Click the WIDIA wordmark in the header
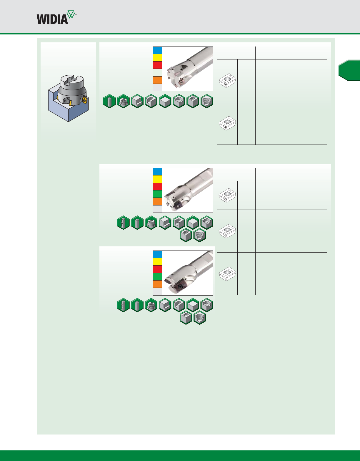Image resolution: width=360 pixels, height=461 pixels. [52, 19]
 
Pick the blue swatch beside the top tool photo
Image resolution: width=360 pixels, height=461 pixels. [157, 50]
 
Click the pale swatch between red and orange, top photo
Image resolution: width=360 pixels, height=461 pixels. [157, 73]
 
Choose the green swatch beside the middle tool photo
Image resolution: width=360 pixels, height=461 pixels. [157, 194]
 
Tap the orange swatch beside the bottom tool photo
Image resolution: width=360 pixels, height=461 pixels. [157, 284]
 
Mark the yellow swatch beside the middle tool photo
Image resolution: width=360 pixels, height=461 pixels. [157, 179]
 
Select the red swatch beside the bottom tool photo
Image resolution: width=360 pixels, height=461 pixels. [157, 269]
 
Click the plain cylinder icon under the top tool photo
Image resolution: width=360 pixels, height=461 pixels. [109, 101]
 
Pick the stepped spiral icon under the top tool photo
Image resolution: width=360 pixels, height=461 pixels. [206, 101]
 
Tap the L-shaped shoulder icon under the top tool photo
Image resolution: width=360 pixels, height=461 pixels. [137, 101]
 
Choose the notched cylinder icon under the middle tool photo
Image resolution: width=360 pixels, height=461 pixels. [123, 223]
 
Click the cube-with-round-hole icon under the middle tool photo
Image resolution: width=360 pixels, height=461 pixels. [186, 236]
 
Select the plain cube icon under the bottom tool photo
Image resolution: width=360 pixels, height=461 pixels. [193, 305]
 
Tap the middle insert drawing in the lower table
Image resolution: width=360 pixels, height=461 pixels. [228, 231]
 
